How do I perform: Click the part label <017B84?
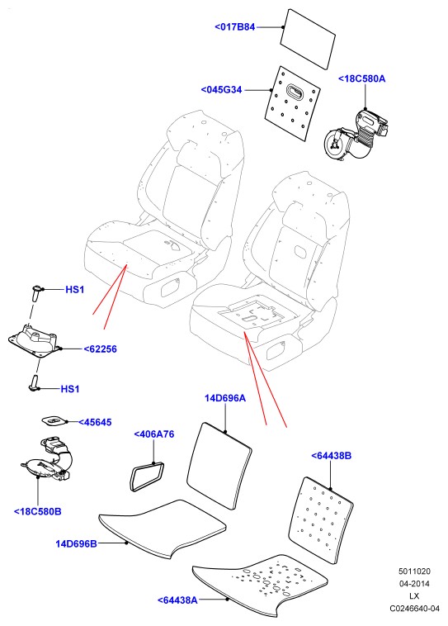(x=234, y=27)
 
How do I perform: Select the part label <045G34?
(x=221, y=90)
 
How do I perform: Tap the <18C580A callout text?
(x=362, y=78)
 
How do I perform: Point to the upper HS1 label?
(x=75, y=289)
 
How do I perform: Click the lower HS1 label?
(x=70, y=389)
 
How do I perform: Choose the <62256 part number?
(x=100, y=349)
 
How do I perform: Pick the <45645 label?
(x=95, y=422)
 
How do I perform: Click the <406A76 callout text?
(x=154, y=434)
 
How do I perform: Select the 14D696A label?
(x=225, y=398)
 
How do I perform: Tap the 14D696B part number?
(x=76, y=543)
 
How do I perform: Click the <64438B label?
(x=331, y=456)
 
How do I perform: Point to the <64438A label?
(x=177, y=600)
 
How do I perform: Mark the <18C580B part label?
(x=37, y=511)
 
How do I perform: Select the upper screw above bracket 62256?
(x=36, y=293)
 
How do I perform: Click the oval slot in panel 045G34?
(x=296, y=92)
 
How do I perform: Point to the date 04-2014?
(x=414, y=584)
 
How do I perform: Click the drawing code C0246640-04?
(x=414, y=609)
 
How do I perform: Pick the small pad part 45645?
(x=54, y=420)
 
